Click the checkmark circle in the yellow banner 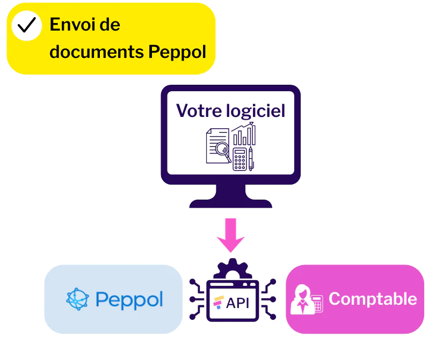(x=27, y=25)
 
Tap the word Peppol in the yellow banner (x=177, y=53)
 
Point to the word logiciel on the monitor (x=255, y=111)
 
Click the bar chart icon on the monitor (x=244, y=135)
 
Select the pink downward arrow (x=231, y=234)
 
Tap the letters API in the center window (x=237, y=303)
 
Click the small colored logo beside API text (x=219, y=302)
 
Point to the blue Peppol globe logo (x=77, y=299)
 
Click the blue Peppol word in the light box (x=129, y=299)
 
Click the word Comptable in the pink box (x=373, y=299)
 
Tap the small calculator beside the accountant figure (x=317, y=304)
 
